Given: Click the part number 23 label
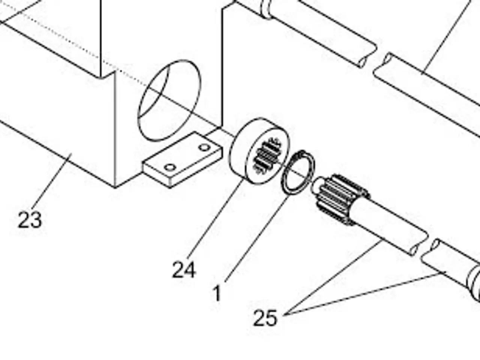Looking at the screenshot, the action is coord(30,220).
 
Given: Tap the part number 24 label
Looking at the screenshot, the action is coord(184,270).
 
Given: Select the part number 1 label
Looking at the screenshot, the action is coord(217,294).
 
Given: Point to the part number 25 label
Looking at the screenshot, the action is coord(265,318).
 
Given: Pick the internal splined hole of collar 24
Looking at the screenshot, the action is coord(266,155).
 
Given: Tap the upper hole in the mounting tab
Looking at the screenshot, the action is coord(205,147).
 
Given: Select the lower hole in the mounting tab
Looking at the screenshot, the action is coord(170,168).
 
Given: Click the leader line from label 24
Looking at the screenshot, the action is coord(216,219).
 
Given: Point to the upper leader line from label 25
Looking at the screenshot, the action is coord(333,277).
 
